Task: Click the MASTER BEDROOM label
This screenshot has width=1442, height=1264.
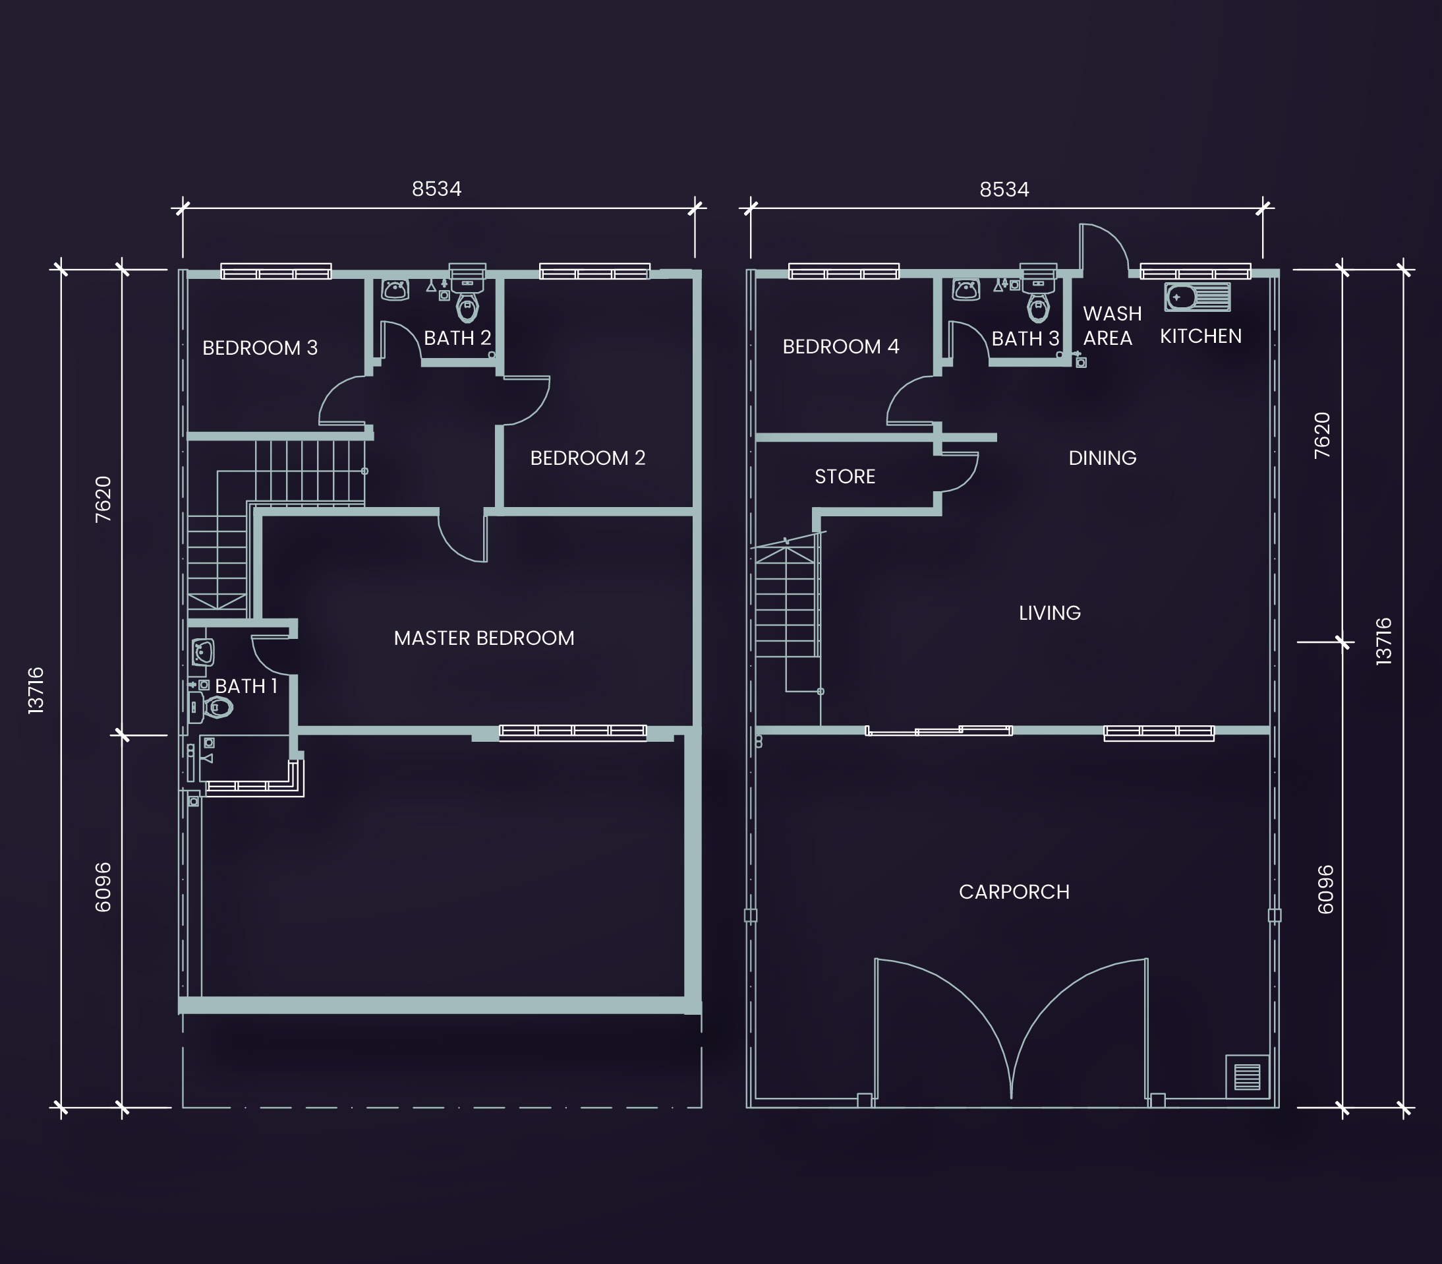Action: pos(484,638)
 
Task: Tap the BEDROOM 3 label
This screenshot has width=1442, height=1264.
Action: pos(260,347)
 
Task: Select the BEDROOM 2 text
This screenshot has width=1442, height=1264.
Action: pos(587,458)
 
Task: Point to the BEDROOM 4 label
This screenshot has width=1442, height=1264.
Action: pos(840,346)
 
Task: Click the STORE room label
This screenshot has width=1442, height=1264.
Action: pos(845,477)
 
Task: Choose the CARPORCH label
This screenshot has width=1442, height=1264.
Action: pos(1014,892)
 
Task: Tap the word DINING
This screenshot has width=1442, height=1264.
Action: pos(1102,458)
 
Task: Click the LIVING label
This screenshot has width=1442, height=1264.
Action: pos(1049,613)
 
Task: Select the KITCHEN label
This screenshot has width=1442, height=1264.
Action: pos(1201,336)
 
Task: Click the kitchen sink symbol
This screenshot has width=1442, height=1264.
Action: pos(1197,297)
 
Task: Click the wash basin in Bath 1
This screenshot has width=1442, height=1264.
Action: pos(203,653)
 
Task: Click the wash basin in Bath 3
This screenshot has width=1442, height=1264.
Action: pos(966,289)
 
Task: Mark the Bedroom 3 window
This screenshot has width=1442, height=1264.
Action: pos(275,272)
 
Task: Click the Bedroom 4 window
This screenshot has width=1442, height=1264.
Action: pos(844,272)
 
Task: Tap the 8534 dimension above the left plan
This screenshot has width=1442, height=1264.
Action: pos(436,189)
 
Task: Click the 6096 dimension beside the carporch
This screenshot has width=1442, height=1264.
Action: pos(1325,889)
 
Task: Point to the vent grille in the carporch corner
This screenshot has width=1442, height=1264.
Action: pos(1248,1076)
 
